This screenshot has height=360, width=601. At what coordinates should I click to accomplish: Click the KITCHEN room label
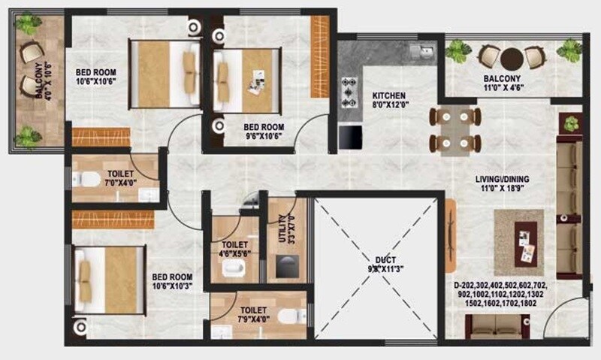[389, 96]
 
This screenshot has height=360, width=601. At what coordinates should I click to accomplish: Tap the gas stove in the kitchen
[350, 91]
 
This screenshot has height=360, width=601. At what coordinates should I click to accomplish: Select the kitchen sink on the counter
[421, 51]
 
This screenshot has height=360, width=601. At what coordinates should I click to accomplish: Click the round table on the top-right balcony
[512, 57]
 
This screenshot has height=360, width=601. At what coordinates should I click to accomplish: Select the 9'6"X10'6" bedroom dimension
[263, 137]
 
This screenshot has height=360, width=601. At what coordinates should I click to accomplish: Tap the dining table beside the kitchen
[455, 129]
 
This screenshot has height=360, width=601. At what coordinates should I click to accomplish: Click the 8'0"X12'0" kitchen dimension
[389, 107]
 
